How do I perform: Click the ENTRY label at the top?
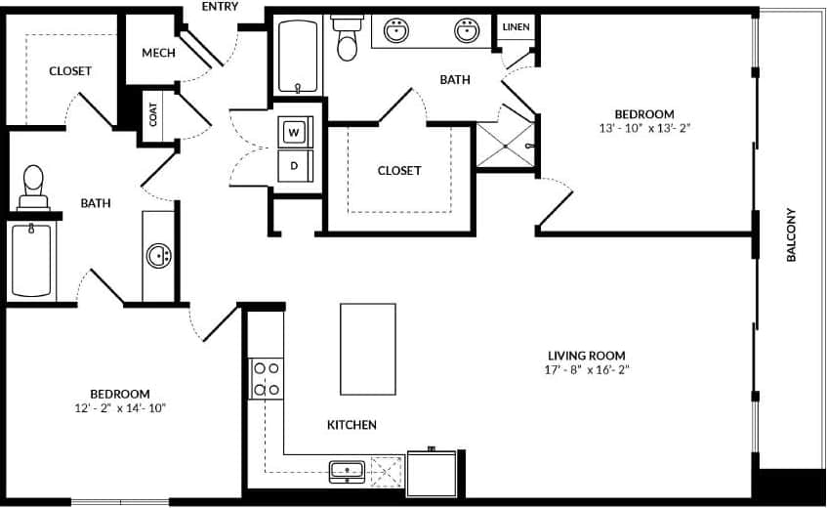[x=220, y=7]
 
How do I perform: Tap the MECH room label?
[x=158, y=53]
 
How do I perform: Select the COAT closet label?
[x=153, y=114]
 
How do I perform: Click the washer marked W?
[x=294, y=131]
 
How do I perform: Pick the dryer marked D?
[x=294, y=165]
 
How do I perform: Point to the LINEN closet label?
[x=516, y=26]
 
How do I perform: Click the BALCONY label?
[x=791, y=234]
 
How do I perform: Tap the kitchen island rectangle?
[x=368, y=349]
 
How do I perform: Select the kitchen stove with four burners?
[x=267, y=379]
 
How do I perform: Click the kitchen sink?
[x=347, y=471]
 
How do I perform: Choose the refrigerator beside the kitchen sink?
[x=432, y=474]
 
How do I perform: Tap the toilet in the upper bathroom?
[x=347, y=36]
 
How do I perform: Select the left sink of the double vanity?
[x=396, y=31]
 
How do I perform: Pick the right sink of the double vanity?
[x=467, y=31]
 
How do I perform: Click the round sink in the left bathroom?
[x=158, y=257]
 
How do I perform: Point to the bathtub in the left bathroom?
[x=31, y=261]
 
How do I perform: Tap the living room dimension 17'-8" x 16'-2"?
[x=585, y=370]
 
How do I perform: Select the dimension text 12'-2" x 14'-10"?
[x=121, y=408]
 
